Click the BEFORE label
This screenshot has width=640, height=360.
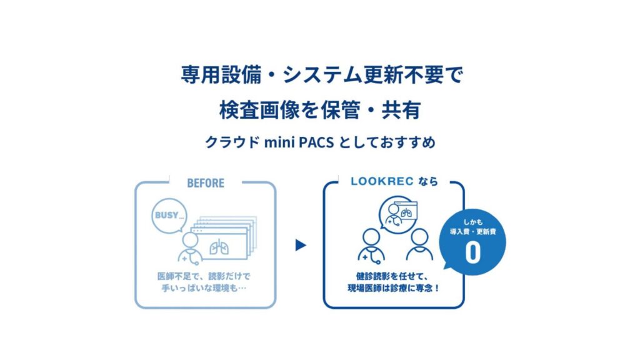click(206, 183)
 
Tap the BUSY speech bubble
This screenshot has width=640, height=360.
click(169, 216)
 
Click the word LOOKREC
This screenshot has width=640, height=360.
click(382, 181)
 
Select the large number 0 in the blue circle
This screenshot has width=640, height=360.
click(472, 252)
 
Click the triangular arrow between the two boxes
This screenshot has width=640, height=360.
click(301, 245)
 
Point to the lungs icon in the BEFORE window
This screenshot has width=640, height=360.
click(219, 246)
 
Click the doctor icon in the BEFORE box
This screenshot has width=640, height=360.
click(190, 249)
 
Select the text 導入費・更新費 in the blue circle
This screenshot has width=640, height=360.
click(472, 232)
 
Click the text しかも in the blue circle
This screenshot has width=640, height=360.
click(472, 222)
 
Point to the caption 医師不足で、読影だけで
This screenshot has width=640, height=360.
click(204, 276)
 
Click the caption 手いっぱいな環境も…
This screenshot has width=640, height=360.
click(204, 288)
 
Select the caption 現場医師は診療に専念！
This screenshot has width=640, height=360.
click(394, 288)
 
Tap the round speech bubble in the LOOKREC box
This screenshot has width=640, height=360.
click(397, 214)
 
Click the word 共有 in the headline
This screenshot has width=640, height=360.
click(401, 110)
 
